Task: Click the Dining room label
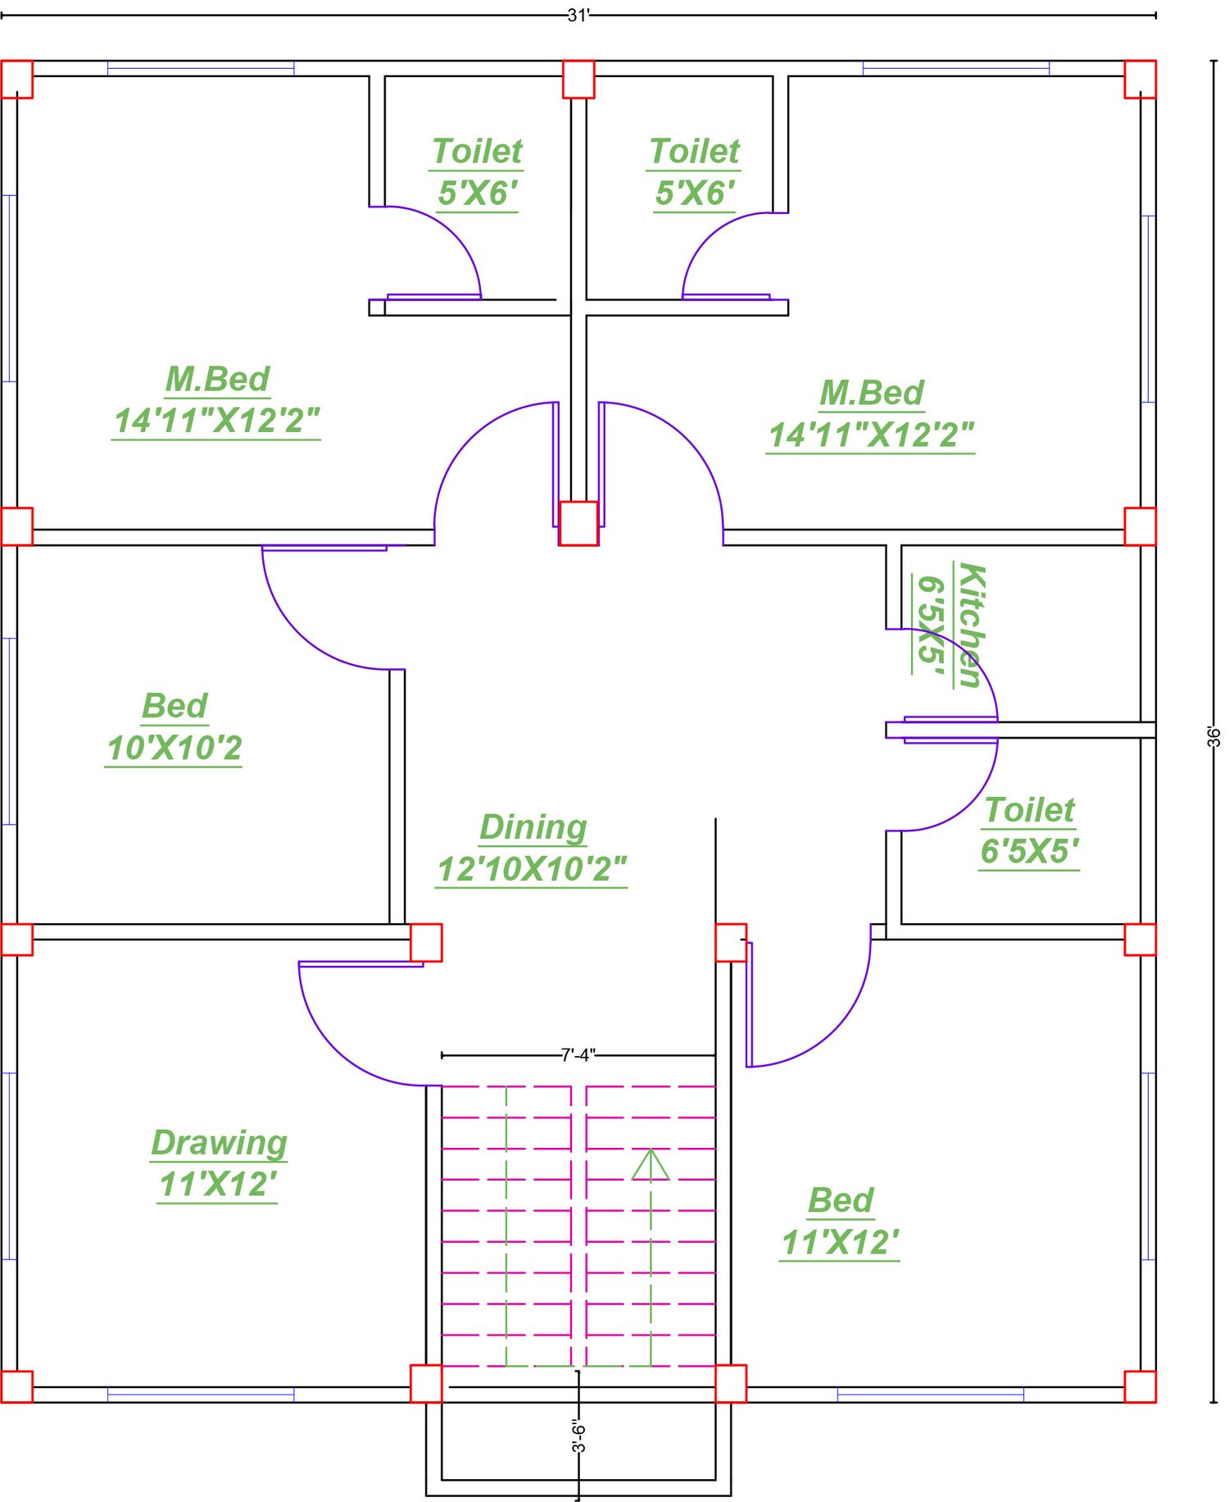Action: [533, 827]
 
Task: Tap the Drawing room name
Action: [220, 1143]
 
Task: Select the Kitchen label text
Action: [970, 626]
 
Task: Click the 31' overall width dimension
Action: [578, 15]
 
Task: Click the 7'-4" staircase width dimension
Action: [578, 1055]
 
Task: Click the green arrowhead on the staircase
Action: [651, 1165]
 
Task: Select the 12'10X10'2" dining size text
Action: [533, 869]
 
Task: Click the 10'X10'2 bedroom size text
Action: [175, 748]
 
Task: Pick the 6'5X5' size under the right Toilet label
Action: [1029, 851]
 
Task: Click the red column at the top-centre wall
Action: [578, 80]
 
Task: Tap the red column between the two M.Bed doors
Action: [578, 523]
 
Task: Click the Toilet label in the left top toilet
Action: [477, 152]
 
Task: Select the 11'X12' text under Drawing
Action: [218, 1185]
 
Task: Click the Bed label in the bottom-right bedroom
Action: [841, 1200]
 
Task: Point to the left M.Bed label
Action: [218, 379]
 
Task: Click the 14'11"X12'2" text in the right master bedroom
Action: [871, 435]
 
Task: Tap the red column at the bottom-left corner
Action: [16, 1386]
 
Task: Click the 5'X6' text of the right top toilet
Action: [695, 193]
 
